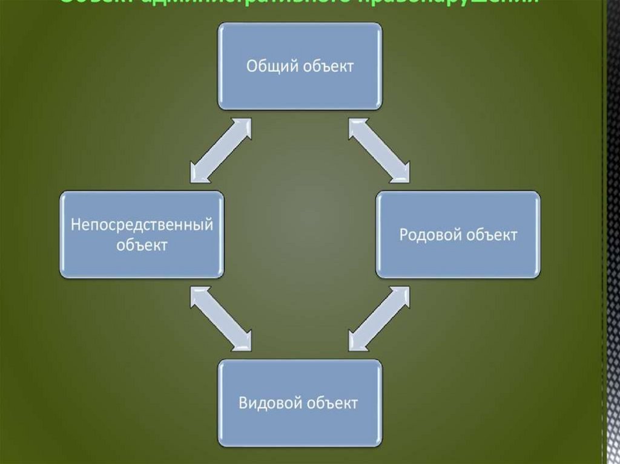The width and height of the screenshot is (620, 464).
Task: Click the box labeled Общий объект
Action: (300, 66)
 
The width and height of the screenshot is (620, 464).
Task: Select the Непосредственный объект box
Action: (141, 235)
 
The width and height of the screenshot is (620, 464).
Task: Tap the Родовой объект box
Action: (458, 235)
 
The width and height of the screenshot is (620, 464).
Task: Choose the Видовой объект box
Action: (300, 403)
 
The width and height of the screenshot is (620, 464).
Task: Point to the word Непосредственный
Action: (142, 225)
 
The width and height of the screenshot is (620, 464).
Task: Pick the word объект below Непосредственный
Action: (142, 245)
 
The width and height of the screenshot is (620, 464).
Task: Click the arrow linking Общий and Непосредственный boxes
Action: (220, 149)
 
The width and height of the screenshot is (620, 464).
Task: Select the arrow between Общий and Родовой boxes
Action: (379, 149)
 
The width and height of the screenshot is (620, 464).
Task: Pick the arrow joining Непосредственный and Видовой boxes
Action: (220, 319)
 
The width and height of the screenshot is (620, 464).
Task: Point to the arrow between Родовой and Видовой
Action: (379, 319)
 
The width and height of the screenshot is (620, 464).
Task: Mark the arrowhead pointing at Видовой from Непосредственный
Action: (242, 342)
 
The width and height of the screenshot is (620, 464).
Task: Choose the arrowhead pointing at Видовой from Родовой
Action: (357, 342)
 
